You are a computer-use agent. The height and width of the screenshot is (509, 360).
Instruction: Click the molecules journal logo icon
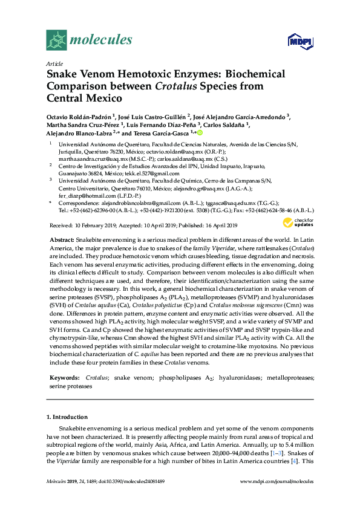pos(56,41)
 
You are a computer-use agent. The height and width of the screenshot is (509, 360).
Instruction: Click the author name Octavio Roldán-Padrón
pos(78,117)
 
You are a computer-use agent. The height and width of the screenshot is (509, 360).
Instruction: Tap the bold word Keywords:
pos(65,377)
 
